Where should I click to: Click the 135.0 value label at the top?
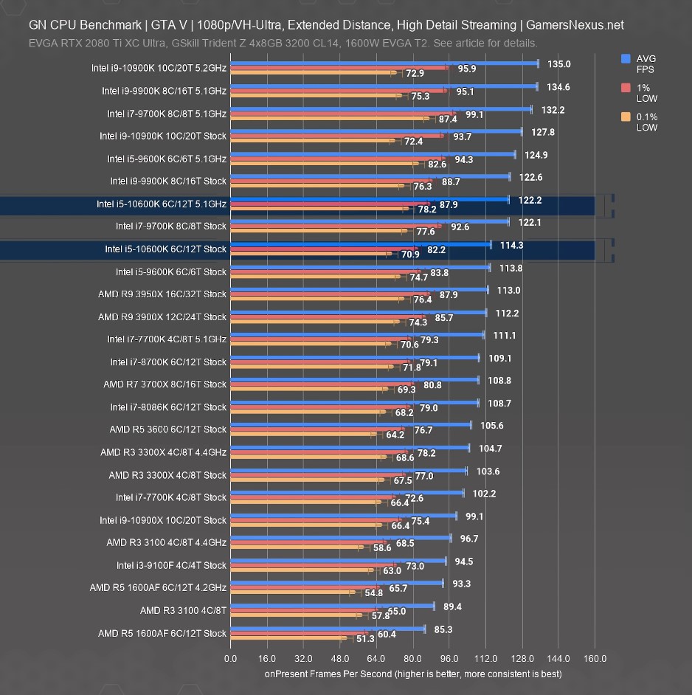pyautogui.click(x=559, y=64)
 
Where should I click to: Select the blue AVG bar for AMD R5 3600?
pyautogui.click(x=350, y=424)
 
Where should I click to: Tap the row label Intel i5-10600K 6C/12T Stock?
pyautogui.click(x=165, y=249)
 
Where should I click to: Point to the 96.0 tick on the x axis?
pyautogui.click(x=449, y=658)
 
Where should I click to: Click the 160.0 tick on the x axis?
pyautogui.click(x=595, y=658)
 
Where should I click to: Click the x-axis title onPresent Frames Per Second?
pyautogui.click(x=413, y=674)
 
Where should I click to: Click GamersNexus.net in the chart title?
pyautogui.click(x=575, y=25)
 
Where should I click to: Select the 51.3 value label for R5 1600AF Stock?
pyautogui.click(x=365, y=638)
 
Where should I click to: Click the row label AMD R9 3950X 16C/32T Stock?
pyautogui.click(x=162, y=294)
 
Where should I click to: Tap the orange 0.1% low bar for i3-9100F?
pyautogui.click(x=302, y=570)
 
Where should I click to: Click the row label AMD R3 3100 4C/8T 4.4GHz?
pyautogui.click(x=166, y=542)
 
